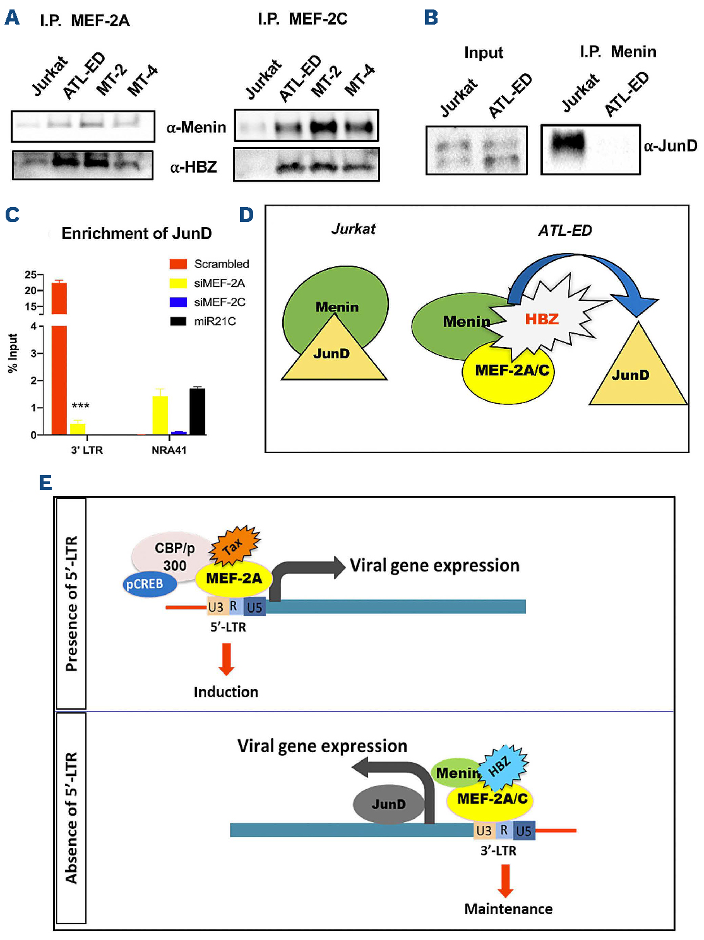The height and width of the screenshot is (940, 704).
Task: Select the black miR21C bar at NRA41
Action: coord(198,412)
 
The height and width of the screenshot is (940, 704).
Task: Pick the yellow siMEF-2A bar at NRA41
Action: coord(160,415)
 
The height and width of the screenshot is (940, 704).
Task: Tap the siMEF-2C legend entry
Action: coord(219,302)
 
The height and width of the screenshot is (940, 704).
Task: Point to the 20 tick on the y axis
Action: coord(30,291)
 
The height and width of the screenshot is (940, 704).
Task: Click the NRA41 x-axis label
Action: coord(169,450)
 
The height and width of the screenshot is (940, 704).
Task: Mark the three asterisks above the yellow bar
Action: coord(80,406)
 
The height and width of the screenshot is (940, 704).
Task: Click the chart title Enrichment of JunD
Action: coord(136,233)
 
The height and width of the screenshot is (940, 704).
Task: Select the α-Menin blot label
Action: coord(196,127)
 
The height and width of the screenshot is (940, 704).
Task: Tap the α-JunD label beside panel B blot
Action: coord(671,146)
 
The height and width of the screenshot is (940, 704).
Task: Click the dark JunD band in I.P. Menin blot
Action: coord(568,142)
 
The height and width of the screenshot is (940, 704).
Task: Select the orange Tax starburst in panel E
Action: coord(235,544)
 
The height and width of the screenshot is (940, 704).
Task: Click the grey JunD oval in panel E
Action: coord(388,804)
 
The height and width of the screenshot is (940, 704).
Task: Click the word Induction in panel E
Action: coord(225,692)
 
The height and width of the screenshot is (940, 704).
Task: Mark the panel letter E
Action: coord(45,483)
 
